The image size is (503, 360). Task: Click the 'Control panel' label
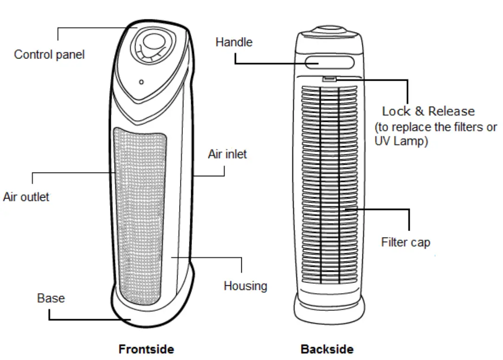coord(49,54)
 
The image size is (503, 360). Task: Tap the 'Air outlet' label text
coord(26,196)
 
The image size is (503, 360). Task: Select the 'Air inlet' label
coord(227,154)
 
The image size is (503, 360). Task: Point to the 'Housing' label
coord(245,285)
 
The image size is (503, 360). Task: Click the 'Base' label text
coord(51,298)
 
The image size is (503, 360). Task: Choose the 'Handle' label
coord(234,42)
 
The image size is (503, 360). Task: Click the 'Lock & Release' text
coord(428,111)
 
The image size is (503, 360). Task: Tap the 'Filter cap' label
coord(406,242)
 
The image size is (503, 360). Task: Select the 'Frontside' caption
coord(146,349)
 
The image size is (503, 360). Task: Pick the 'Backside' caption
coord(327,349)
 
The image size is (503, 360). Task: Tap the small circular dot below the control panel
coord(141,82)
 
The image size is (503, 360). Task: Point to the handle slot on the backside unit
coord(329,62)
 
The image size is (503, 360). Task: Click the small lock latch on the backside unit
coord(329,80)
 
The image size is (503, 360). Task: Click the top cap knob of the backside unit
coord(329,30)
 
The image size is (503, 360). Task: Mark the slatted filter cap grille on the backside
coord(329,186)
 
